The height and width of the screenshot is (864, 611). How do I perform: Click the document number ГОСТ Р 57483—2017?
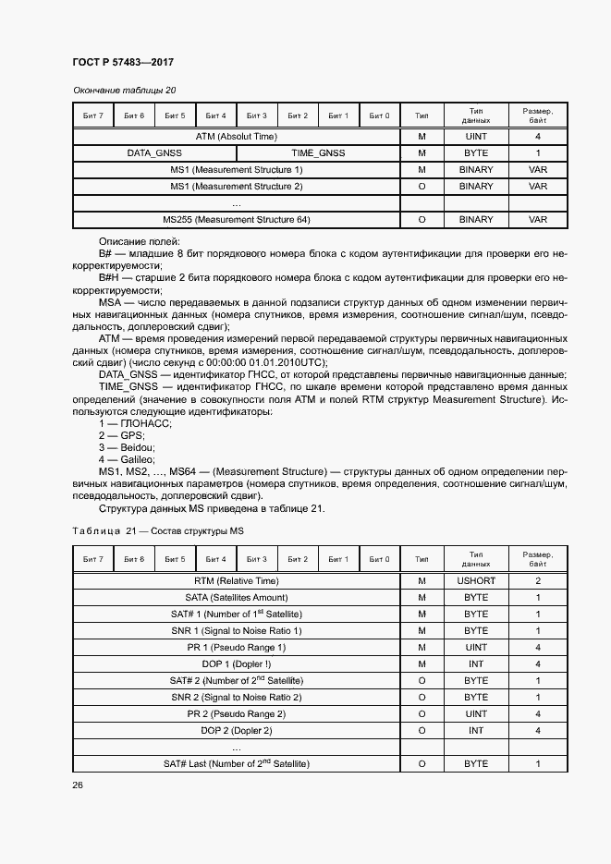[122, 62]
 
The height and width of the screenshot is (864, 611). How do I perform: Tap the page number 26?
[77, 785]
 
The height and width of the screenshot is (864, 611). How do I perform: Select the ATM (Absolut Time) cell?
[236, 136]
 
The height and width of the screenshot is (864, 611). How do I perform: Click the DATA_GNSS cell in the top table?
[154, 152]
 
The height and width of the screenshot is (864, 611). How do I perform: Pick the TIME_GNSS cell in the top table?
[318, 152]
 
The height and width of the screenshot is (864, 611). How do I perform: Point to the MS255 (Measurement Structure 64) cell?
[236, 220]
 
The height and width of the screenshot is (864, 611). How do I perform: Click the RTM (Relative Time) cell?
[236, 581]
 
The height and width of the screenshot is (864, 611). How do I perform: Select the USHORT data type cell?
[476, 581]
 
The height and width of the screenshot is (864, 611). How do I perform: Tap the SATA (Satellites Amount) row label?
[236, 598]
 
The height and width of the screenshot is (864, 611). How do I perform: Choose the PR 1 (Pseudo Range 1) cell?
[236, 648]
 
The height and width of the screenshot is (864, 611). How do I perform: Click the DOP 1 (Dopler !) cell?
[236, 664]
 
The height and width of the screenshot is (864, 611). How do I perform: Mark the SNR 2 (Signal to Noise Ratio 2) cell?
[236, 698]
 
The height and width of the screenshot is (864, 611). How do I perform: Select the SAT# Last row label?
[236, 764]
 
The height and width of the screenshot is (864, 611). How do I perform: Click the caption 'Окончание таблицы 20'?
[124, 91]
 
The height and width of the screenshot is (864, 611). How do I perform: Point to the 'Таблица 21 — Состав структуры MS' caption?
[157, 531]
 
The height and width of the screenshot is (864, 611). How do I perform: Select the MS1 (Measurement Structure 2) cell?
[236, 187]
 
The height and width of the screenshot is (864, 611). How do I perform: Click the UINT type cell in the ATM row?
[476, 136]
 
